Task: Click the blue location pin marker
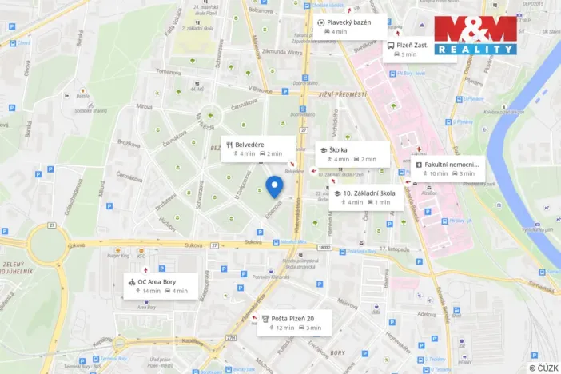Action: (x=274, y=187)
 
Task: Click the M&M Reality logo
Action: (x=475, y=34)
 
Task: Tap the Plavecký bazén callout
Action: (x=344, y=26)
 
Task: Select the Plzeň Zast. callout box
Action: (x=409, y=50)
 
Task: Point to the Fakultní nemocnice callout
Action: (x=447, y=169)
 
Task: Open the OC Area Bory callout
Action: (x=161, y=286)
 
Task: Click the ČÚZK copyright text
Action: (x=543, y=367)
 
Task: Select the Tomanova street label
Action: (x=168, y=71)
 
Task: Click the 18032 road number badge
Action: (x=324, y=249)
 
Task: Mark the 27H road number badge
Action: (x=231, y=338)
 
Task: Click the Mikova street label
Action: (x=144, y=105)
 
